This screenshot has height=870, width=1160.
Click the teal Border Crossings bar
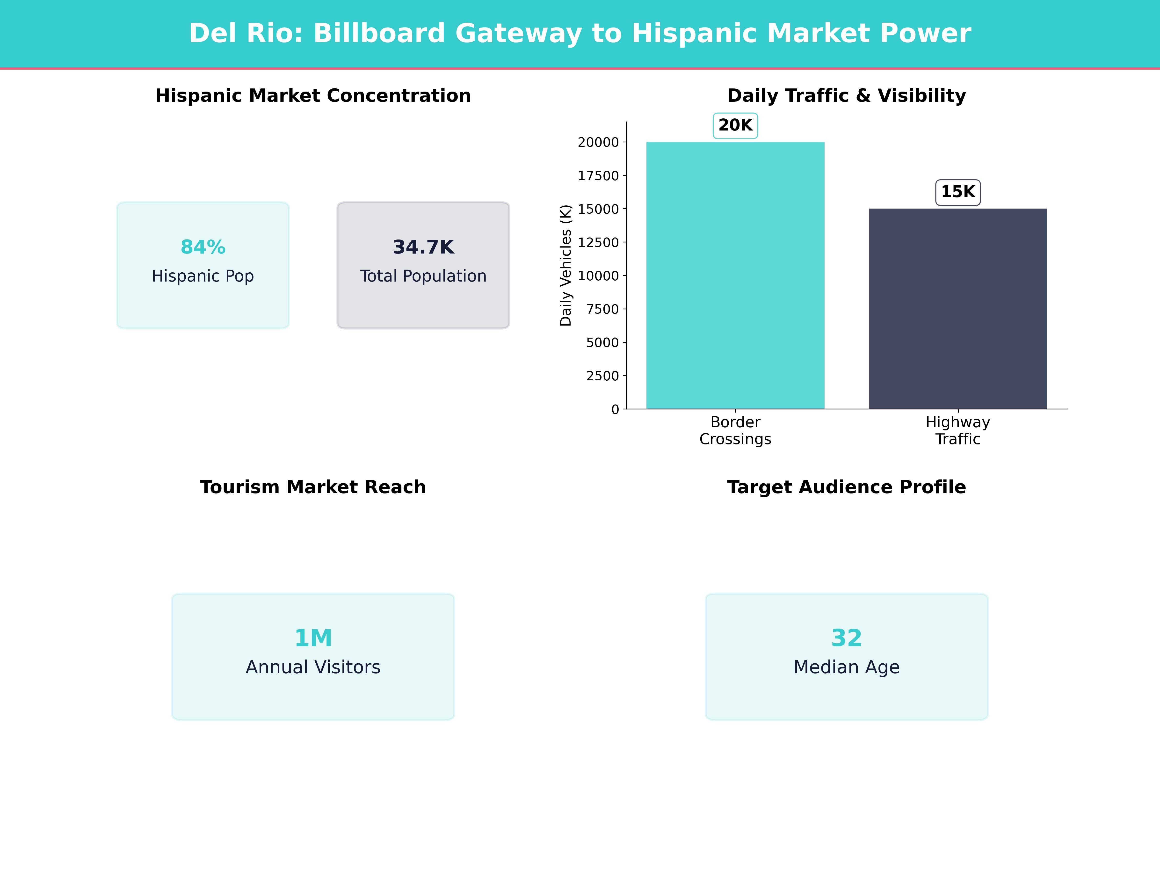(735, 275)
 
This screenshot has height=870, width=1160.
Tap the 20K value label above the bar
(735, 125)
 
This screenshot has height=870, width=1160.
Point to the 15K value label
(957, 192)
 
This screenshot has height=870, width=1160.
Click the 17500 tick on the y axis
(598, 176)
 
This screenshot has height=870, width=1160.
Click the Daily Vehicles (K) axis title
(565, 265)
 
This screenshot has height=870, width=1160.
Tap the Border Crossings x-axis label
(735, 431)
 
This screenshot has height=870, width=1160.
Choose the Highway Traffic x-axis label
(957, 431)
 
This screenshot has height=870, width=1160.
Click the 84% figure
(203, 247)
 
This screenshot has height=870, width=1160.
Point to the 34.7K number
(423, 247)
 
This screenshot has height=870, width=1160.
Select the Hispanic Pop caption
(203, 276)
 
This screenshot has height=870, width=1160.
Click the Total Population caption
(423, 276)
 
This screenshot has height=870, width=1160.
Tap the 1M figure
(313, 638)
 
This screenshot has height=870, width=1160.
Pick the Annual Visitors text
(313, 667)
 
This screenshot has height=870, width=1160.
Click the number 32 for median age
(846, 638)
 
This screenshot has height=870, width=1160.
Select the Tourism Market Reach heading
(313, 487)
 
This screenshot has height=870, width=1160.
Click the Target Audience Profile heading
(846, 487)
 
